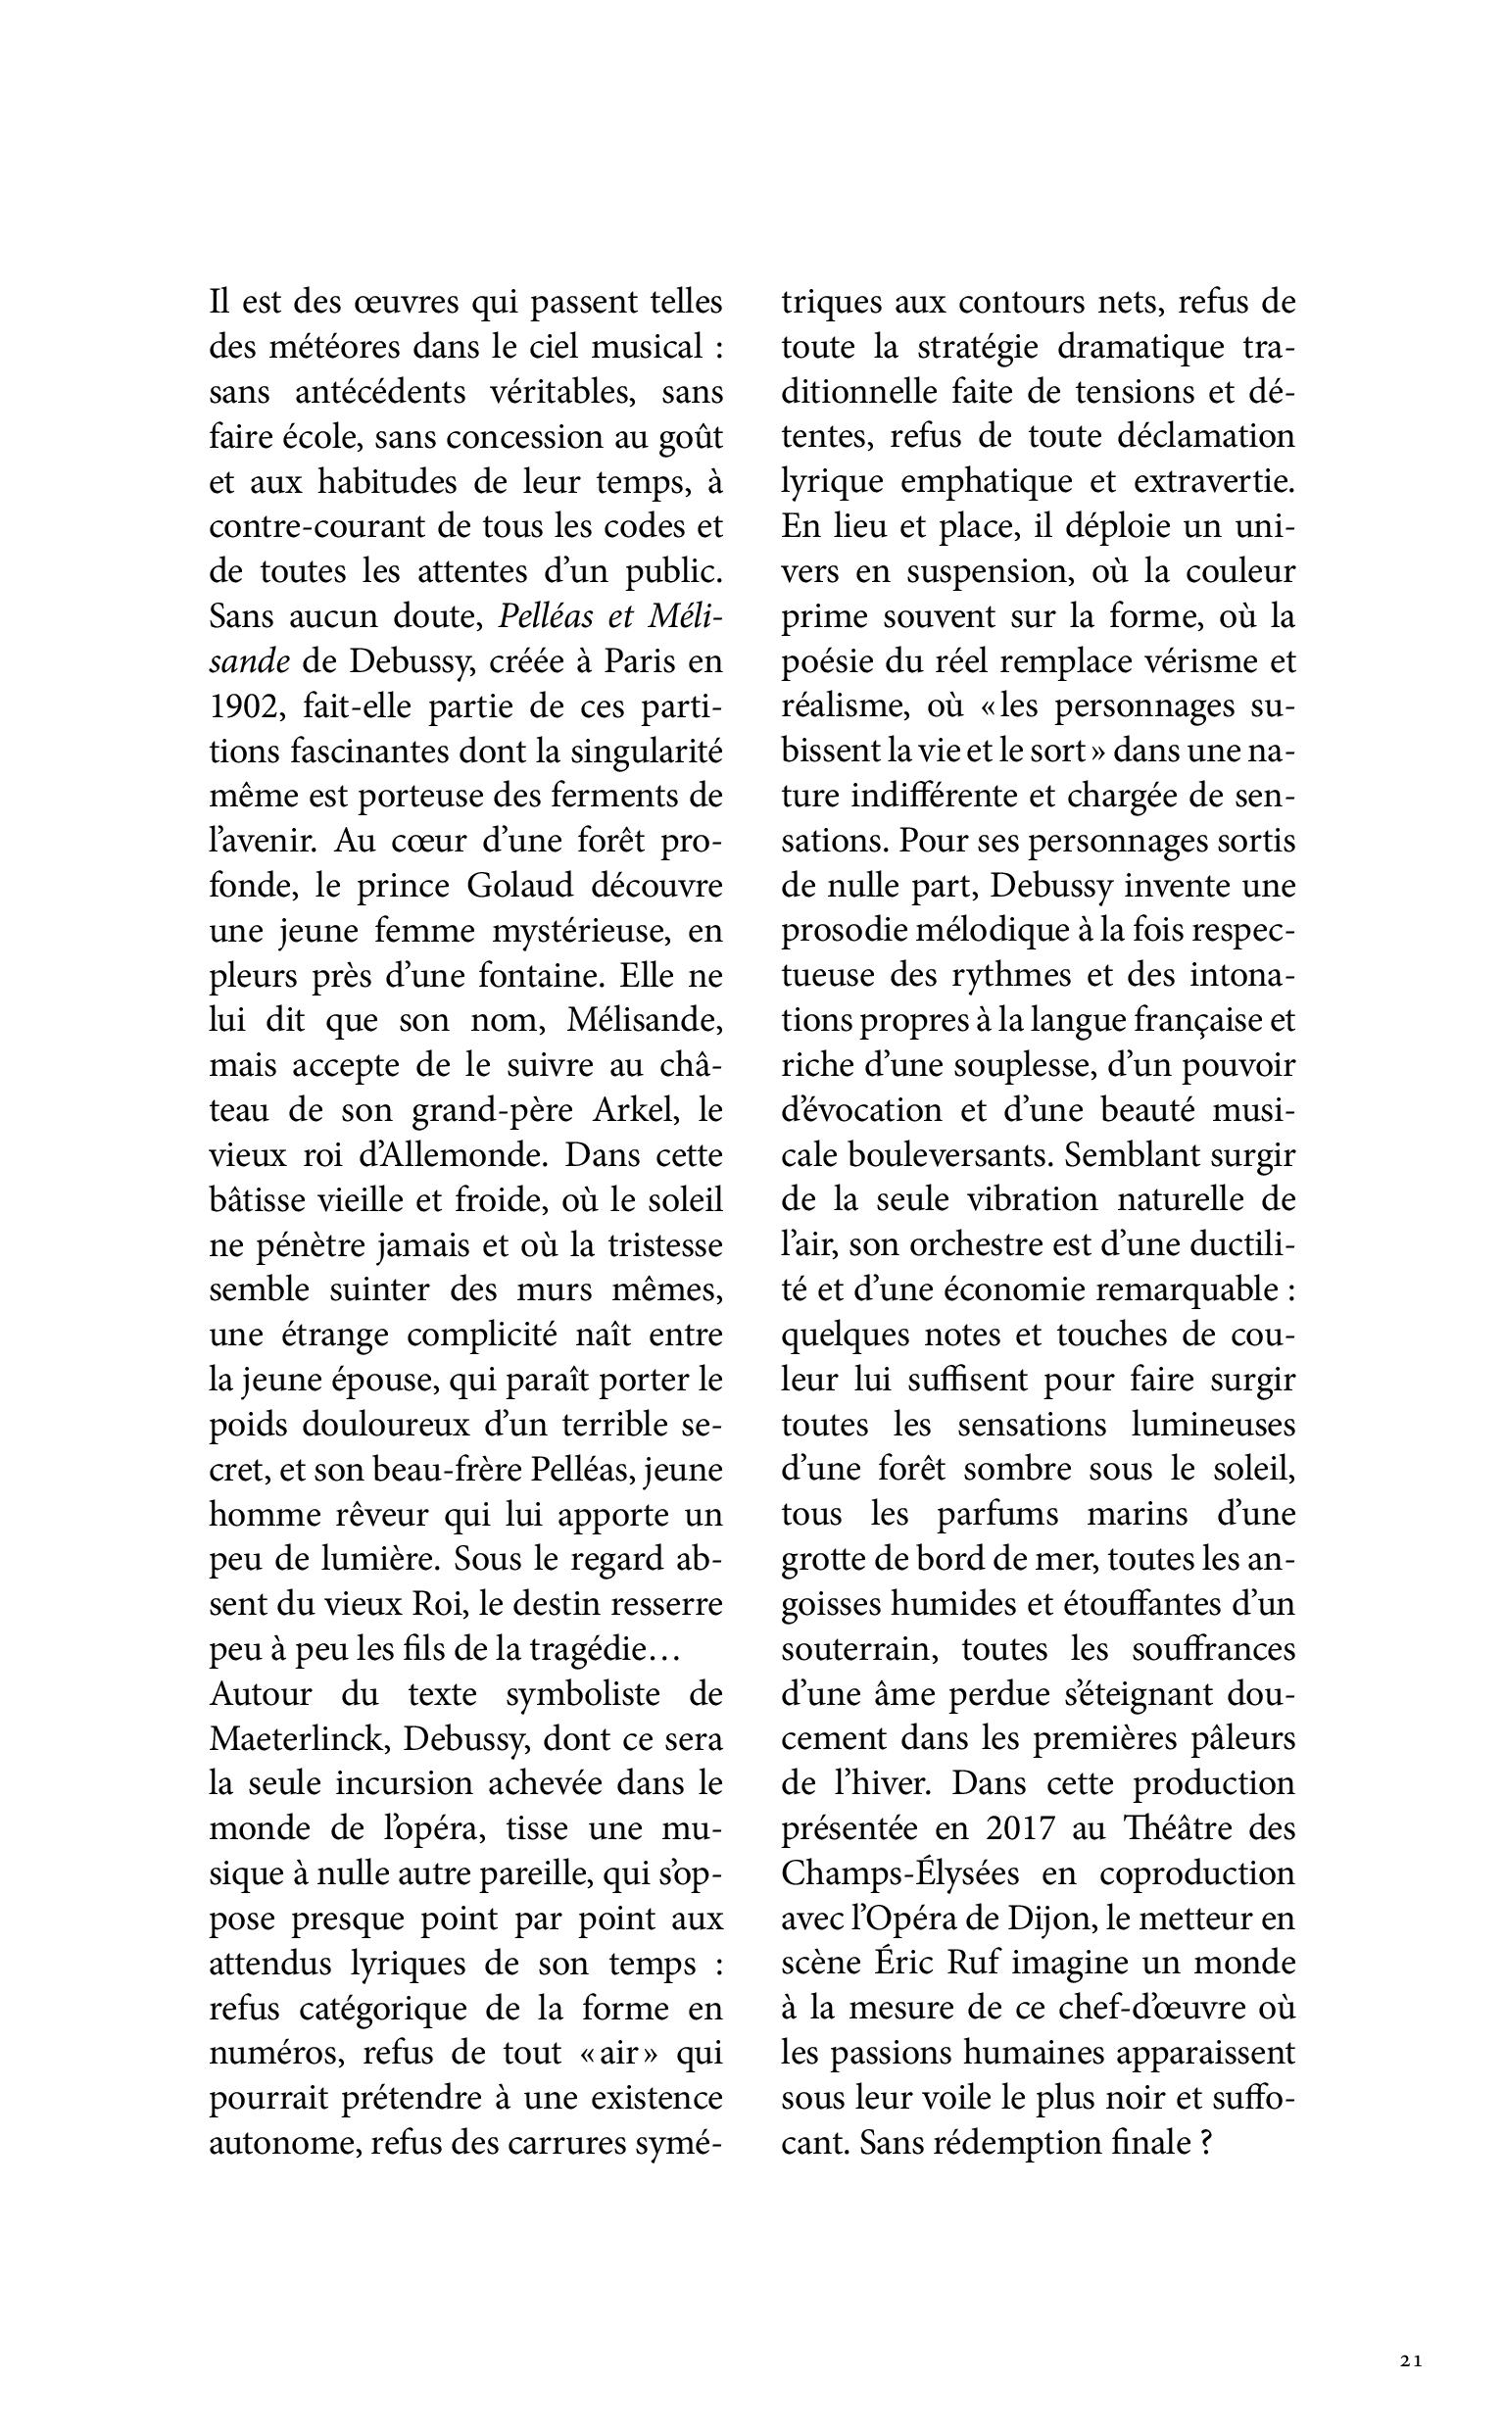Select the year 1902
tap(239, 706)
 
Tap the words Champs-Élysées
tap(900, 1872)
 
